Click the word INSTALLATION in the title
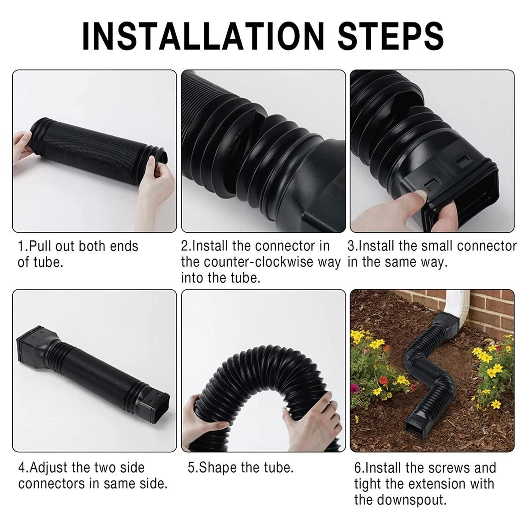pyautogui.click(x=203, y=37)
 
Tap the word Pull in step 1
pyautogui.click(x=41, y=246)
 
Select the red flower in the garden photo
pyautogui.click(x=383, y=381)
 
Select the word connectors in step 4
pyautogui.click(x=51, y=484)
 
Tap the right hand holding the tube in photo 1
pyautogui.click(x=155, y=186)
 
